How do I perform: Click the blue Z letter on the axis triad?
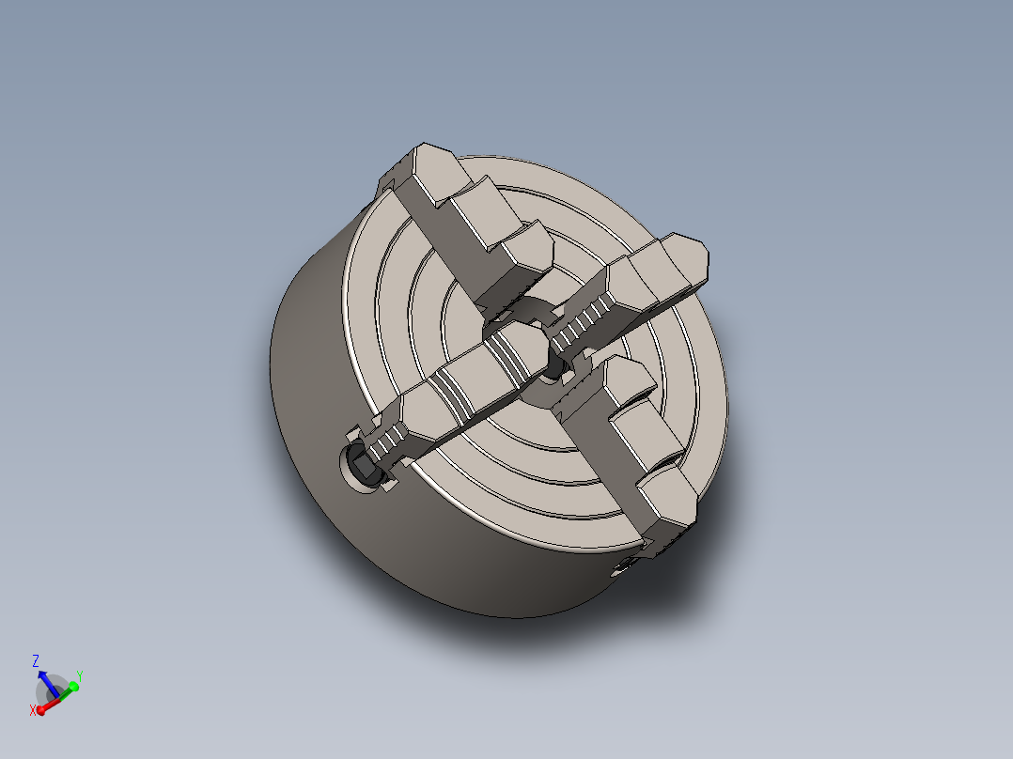[36, 660]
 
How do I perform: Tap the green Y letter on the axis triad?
[80, 675]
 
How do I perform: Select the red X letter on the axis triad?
[33, 710]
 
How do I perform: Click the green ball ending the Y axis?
[73, 687]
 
